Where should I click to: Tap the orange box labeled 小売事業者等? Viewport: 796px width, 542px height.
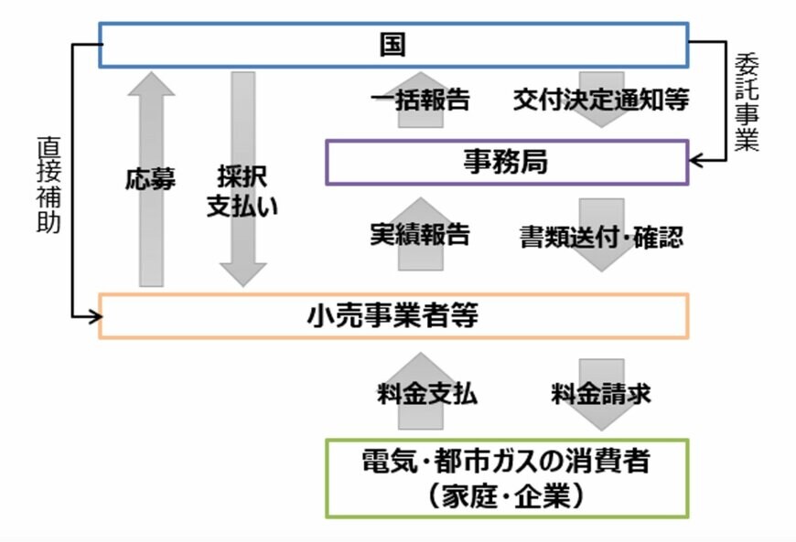[393, 315]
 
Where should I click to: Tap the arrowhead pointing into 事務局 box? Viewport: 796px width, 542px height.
[695, 162]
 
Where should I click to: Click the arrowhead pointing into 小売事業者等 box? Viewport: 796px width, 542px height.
[92, 316]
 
